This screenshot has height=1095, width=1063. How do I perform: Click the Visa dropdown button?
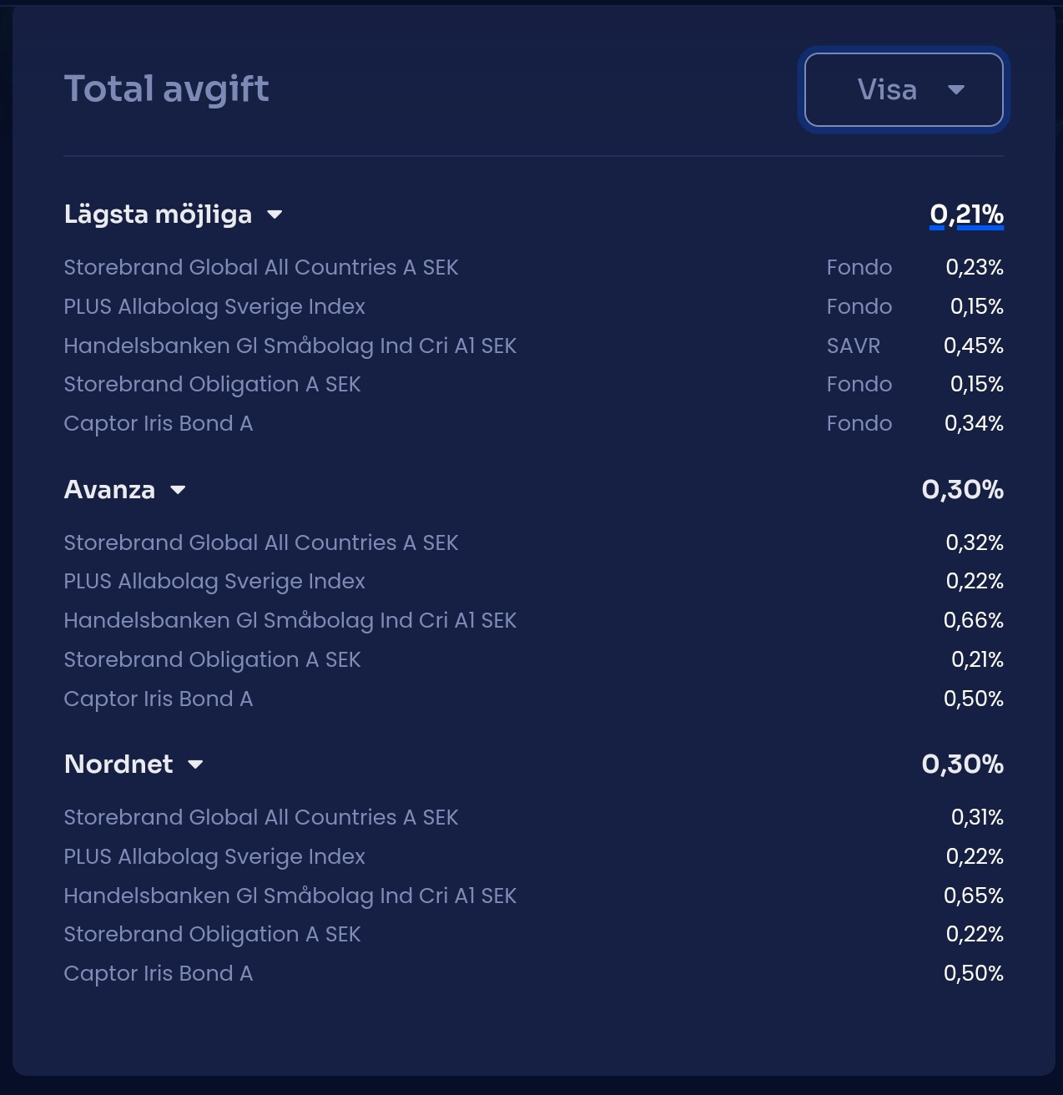point(904,90)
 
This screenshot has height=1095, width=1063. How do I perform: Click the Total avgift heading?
point(166,89)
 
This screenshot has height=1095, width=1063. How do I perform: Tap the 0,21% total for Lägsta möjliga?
point(966,214)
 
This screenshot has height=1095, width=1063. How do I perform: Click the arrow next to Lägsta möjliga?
point(275,214)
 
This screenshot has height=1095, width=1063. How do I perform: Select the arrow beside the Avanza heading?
point(178,490)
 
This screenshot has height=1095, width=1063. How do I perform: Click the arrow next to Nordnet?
point(196,764)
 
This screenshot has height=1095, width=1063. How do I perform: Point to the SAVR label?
point(853,346)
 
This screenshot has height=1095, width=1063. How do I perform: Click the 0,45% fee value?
point(973,346)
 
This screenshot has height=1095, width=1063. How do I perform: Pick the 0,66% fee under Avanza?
point(973,620)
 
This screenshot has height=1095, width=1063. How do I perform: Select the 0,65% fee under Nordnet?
point(973,896)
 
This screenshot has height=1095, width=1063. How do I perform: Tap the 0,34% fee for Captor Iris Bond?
point(973,423)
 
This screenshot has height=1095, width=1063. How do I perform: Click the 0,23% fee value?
point(974,267)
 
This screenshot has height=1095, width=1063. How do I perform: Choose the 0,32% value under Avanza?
point(974,542)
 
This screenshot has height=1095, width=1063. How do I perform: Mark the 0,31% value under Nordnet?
point(976,817)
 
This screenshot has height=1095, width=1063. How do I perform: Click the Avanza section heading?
point(109,490)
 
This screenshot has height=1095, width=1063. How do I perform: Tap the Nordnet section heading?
point(118,764)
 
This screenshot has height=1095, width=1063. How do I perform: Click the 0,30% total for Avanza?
point(962,490)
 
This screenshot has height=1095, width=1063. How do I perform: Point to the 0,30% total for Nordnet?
point(962,764)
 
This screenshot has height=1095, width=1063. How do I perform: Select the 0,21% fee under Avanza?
point(976,659)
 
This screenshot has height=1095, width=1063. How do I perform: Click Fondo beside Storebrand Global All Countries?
point(859,267)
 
